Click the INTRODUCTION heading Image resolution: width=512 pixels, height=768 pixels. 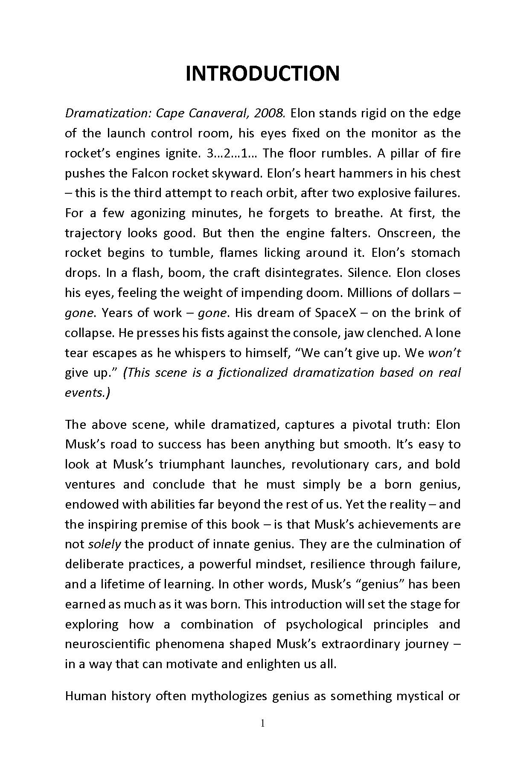click(x=262, y=74)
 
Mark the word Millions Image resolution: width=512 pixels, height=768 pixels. click(x=370, y=293)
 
